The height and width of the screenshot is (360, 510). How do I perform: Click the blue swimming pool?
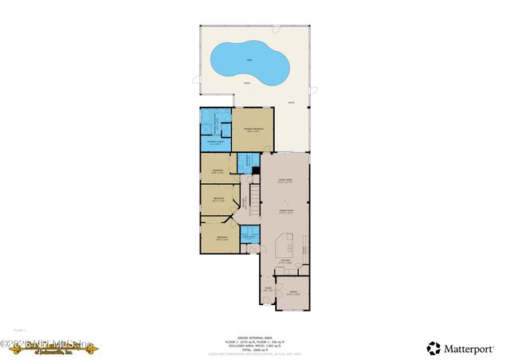(247, 63)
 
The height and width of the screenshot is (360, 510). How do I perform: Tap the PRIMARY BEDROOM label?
(253, 128)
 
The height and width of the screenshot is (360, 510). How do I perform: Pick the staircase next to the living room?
(256, 195)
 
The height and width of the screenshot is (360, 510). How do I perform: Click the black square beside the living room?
(256, 170)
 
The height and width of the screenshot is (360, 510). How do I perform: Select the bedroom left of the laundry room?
(221, 237)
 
